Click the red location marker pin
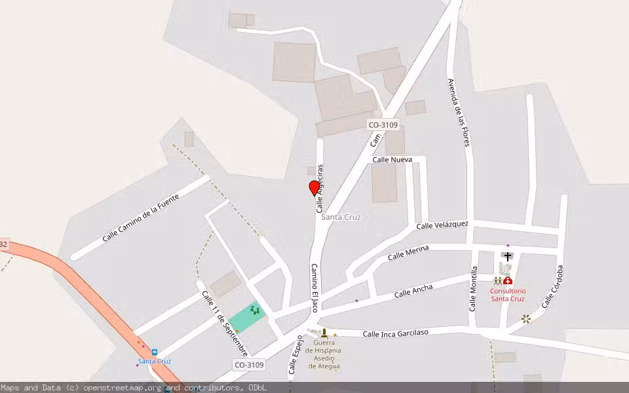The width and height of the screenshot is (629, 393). pos(314,188)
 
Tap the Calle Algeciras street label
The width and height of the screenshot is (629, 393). pos(320,188)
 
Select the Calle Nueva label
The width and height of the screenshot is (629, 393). pos(392,159)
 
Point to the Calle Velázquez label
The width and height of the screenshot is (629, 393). pos(442,225)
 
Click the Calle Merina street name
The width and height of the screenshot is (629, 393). pos(408,253)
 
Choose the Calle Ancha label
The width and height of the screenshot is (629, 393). pos(413,291)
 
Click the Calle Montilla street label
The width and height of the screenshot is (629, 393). pos(473,288)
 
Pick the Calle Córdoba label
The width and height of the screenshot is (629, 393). pos(552,286)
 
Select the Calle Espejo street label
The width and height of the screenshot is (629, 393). pos(296,355)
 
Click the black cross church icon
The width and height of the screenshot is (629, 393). pos(508,256)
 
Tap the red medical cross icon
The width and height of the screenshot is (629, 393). pos(508,281)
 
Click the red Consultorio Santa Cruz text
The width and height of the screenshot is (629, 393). pos(508,295)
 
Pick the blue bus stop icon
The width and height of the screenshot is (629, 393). pos(155,352)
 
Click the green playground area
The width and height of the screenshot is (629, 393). pos(248,317)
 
